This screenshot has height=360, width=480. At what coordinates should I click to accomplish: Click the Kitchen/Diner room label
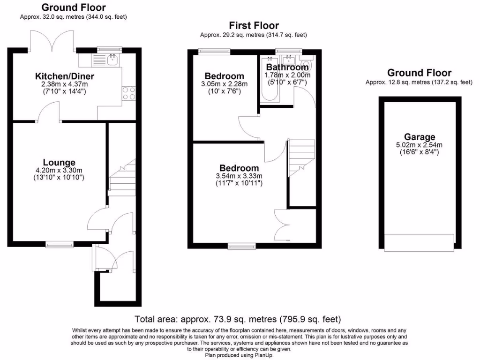coord(65,76)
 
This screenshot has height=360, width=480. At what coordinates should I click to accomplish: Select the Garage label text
coord(419,137)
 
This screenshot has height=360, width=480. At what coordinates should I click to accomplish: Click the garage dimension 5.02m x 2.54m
coord(419,145)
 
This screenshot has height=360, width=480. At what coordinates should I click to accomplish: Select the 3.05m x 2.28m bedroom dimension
coord(225,84)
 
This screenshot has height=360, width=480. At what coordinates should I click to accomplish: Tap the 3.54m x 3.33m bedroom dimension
coord(239,176)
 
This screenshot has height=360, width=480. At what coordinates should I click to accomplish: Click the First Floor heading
coord(254,26)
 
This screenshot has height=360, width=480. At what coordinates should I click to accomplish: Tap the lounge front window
coord(60,244)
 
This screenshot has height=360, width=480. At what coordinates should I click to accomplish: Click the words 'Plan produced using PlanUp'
coord(240,355)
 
